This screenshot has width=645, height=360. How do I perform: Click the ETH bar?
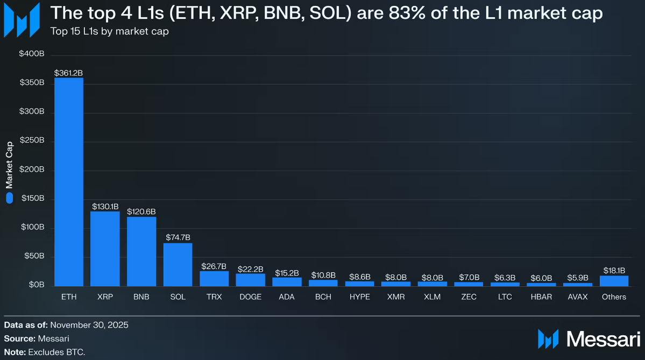(x=69, y=182)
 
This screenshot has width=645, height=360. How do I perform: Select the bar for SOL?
(x=178, y=264)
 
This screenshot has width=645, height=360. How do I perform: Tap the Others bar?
(x=614, y=280)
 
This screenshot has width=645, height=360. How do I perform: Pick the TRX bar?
(x=214, y=278)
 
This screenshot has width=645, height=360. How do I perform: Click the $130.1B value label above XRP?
(x=105, y=206)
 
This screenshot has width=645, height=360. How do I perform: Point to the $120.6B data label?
(x=141, y=211)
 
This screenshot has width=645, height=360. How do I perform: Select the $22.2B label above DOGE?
(x=251, y=269)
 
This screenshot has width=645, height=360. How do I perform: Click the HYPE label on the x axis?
(x=360, y=297)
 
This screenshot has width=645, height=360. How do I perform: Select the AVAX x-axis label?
(x=578, y=297)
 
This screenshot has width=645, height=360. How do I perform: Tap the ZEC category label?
(x=469, y=297)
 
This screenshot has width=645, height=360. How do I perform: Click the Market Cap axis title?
(x=10, y=164)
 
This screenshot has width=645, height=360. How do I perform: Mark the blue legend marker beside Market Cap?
(x=9, y=198)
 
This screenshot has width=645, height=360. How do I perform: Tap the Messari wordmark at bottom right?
(x=603, y=339)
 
